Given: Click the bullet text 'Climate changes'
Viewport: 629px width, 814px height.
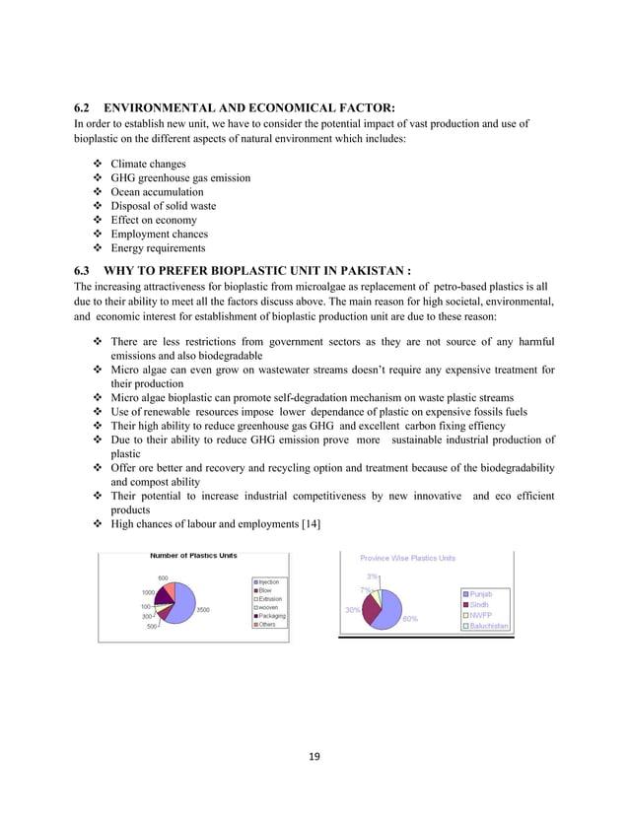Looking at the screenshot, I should pos(148,163).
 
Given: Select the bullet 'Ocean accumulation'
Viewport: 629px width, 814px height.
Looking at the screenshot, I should pos(157,191).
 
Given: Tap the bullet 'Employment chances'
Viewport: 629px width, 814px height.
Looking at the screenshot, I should pos(159,235).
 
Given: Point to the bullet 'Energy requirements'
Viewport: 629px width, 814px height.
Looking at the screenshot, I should pos(160,249).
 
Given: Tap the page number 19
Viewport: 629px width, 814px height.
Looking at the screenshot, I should pos(314,758).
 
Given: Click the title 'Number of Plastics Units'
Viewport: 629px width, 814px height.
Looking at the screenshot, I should pos(193,556).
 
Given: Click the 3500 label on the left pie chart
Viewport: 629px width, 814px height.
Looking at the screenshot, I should pos(202,610).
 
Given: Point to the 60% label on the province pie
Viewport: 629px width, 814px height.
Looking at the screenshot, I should pos(410,618).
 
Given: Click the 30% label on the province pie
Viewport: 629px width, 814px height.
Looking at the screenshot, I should pos(351,609).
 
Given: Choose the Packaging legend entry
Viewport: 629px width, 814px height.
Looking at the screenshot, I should pos(272,616).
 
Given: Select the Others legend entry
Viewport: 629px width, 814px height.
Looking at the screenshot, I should pos(268,625).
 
